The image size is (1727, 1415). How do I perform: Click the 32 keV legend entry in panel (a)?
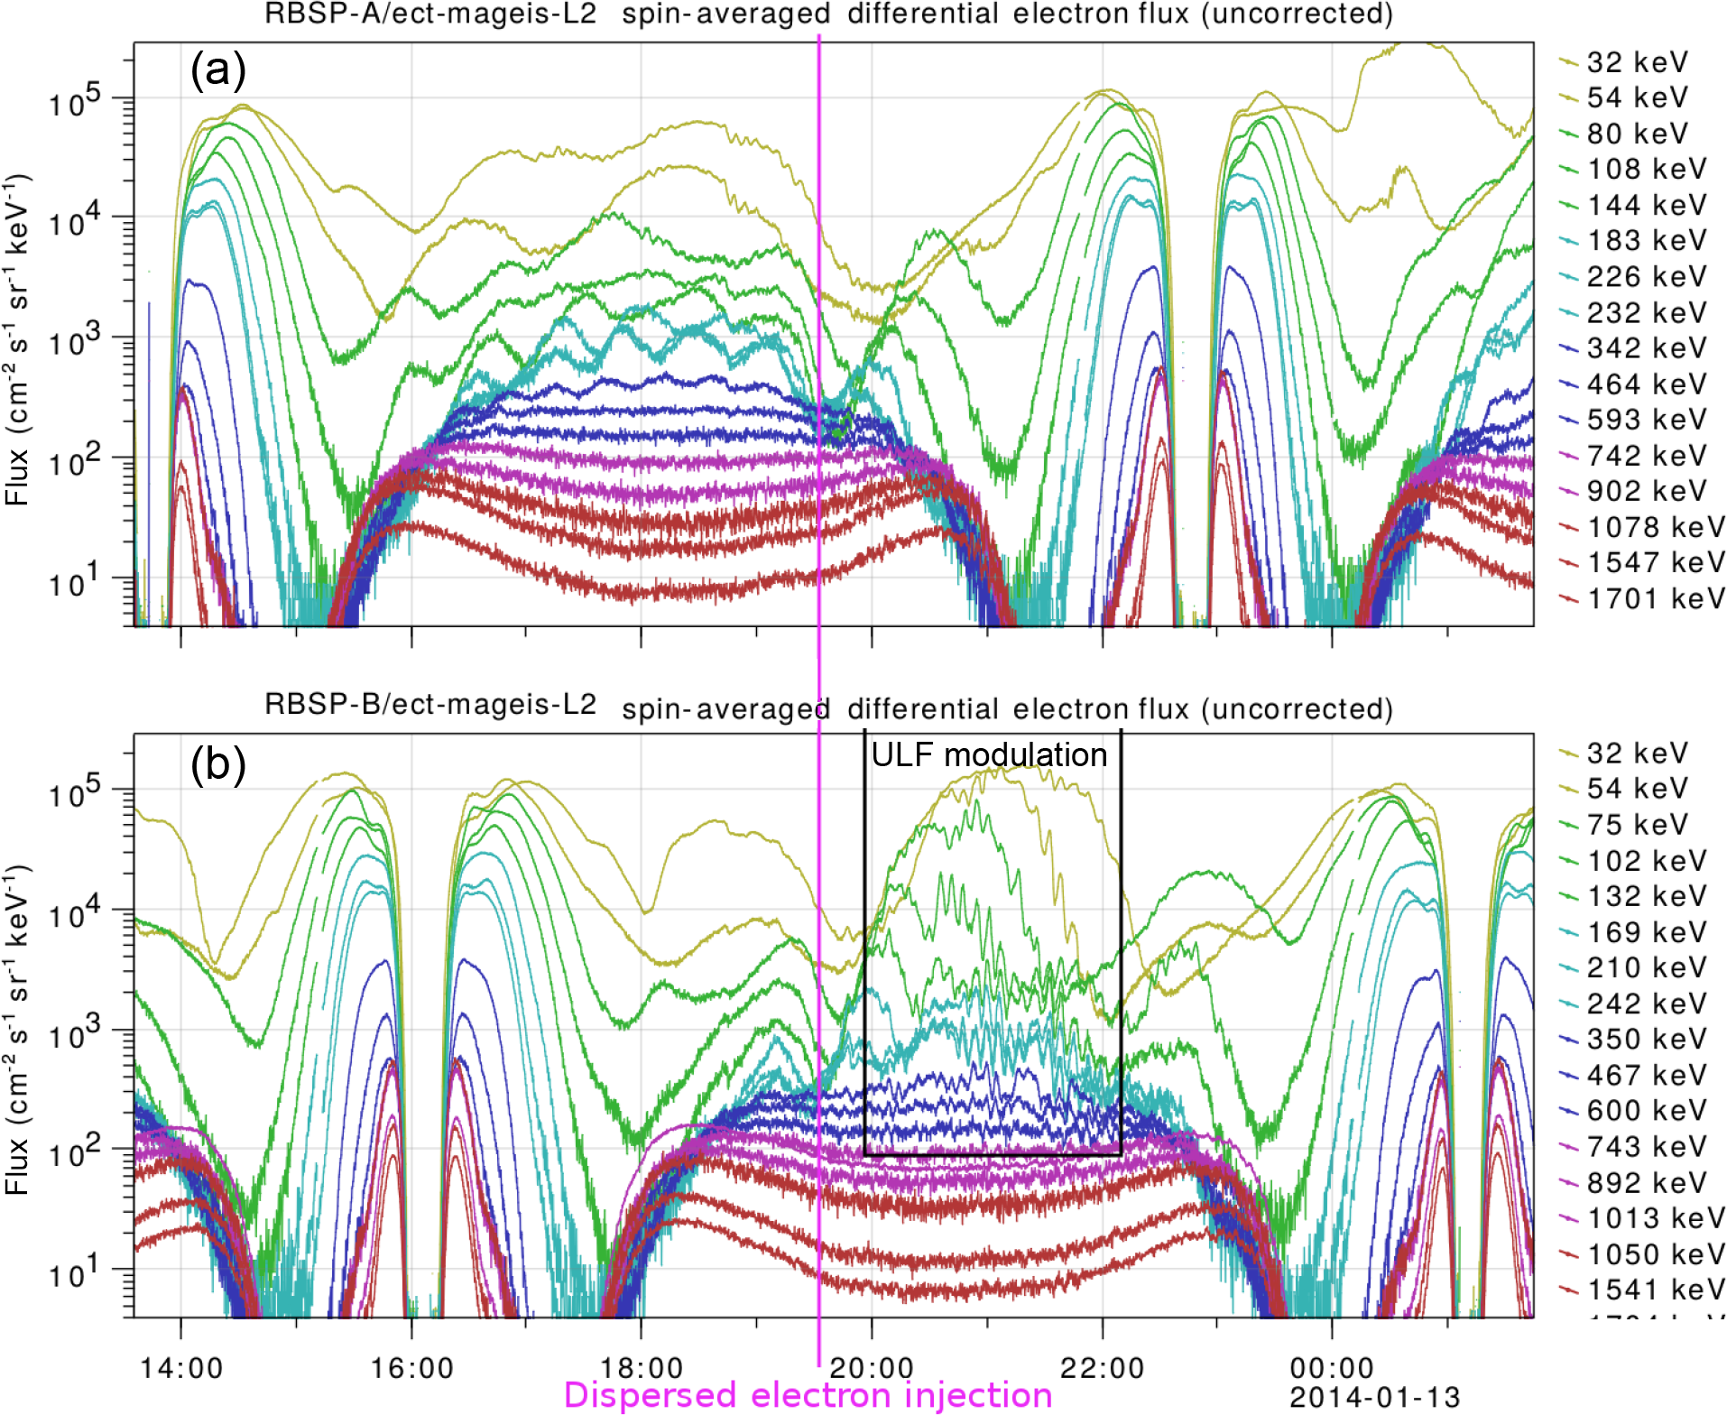(1635, 62)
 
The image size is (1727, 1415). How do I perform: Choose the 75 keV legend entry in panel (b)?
(1635, 825)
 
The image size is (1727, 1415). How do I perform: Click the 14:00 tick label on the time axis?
(181, 1368)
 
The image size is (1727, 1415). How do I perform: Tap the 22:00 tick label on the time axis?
(1102, 1368)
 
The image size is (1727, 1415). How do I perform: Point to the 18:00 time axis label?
(642, 1368)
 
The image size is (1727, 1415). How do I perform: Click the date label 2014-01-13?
(1374, 1398)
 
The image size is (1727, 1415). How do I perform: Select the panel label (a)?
(217, 69)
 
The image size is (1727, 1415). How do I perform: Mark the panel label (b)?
(217, 765)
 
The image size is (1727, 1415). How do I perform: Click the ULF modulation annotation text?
(989, 754)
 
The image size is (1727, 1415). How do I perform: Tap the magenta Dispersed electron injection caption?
(808, 1395)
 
